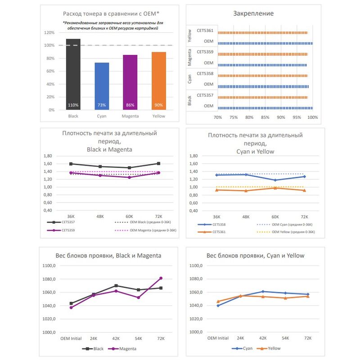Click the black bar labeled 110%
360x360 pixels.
click(x=73, y=74)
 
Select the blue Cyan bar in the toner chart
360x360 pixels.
click(x=102, y=86)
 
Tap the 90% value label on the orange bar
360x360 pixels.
click(x=159, y=105)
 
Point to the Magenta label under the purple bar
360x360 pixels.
click(x=130, y=116)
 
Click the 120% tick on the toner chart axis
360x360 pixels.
click(x=49, y=32)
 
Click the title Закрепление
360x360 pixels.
click(x=253, y=13)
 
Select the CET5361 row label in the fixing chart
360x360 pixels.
click(x=205, y=31)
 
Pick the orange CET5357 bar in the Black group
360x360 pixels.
click(x=263, y=97)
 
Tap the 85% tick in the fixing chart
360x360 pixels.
click(x=265, y=117)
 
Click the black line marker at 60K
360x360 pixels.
click(x=130, y=167)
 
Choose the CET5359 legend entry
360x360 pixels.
click(x=61, y=230)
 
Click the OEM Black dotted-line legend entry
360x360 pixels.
click(x=143, y=222)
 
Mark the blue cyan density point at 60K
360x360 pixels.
click(x=275, y=180)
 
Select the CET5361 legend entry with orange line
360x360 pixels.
click(x=211, y=232)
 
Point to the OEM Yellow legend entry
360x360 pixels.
click(x=286, y=232)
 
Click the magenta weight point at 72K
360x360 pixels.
click(x=161, y=278)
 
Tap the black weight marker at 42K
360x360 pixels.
click(x=116, y=286)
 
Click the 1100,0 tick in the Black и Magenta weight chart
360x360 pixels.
click(x=49, y=265)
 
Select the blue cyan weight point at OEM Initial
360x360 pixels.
click(x=218, y=306)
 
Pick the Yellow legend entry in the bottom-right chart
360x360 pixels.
click(x=268, y=348)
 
